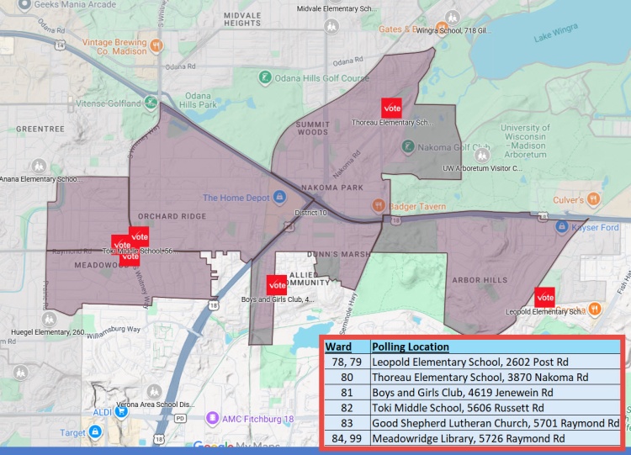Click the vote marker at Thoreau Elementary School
pos(391,108)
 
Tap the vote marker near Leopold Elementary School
pos(545,297)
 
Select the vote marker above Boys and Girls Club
pos(276,284)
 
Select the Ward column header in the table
pos(338,347)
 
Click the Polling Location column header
pos(411,347)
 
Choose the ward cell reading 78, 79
pos(346,362)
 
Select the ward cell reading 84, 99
pos(346,437)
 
